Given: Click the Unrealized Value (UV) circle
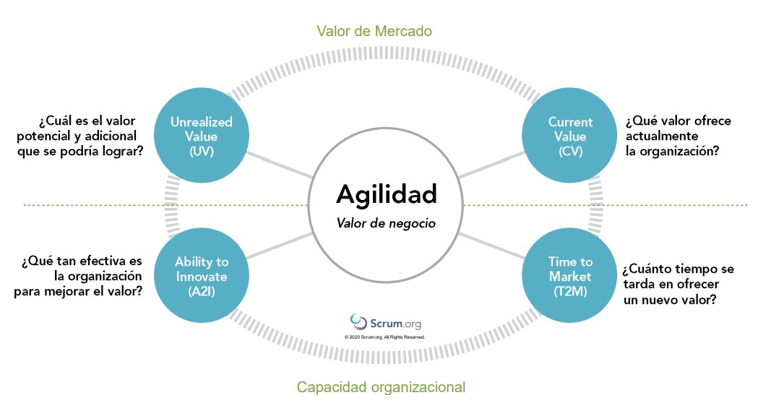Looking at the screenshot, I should [x=201, y=136].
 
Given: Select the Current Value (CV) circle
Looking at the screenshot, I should [x=570, y=136].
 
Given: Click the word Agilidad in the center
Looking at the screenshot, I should [x=386, y=194].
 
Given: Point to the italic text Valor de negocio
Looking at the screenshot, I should [x=386, y=223].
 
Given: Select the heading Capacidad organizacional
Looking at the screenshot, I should [x=381, y=387].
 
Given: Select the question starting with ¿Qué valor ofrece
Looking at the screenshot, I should [x=678, y=136].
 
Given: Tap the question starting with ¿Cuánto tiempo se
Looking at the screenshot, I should [x=678, y=284].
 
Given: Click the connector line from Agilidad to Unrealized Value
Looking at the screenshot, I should [x=280, y=165].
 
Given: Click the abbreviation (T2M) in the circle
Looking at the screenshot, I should [x=570, y=292].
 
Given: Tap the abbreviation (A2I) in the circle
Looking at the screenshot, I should [x=201, y=292].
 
